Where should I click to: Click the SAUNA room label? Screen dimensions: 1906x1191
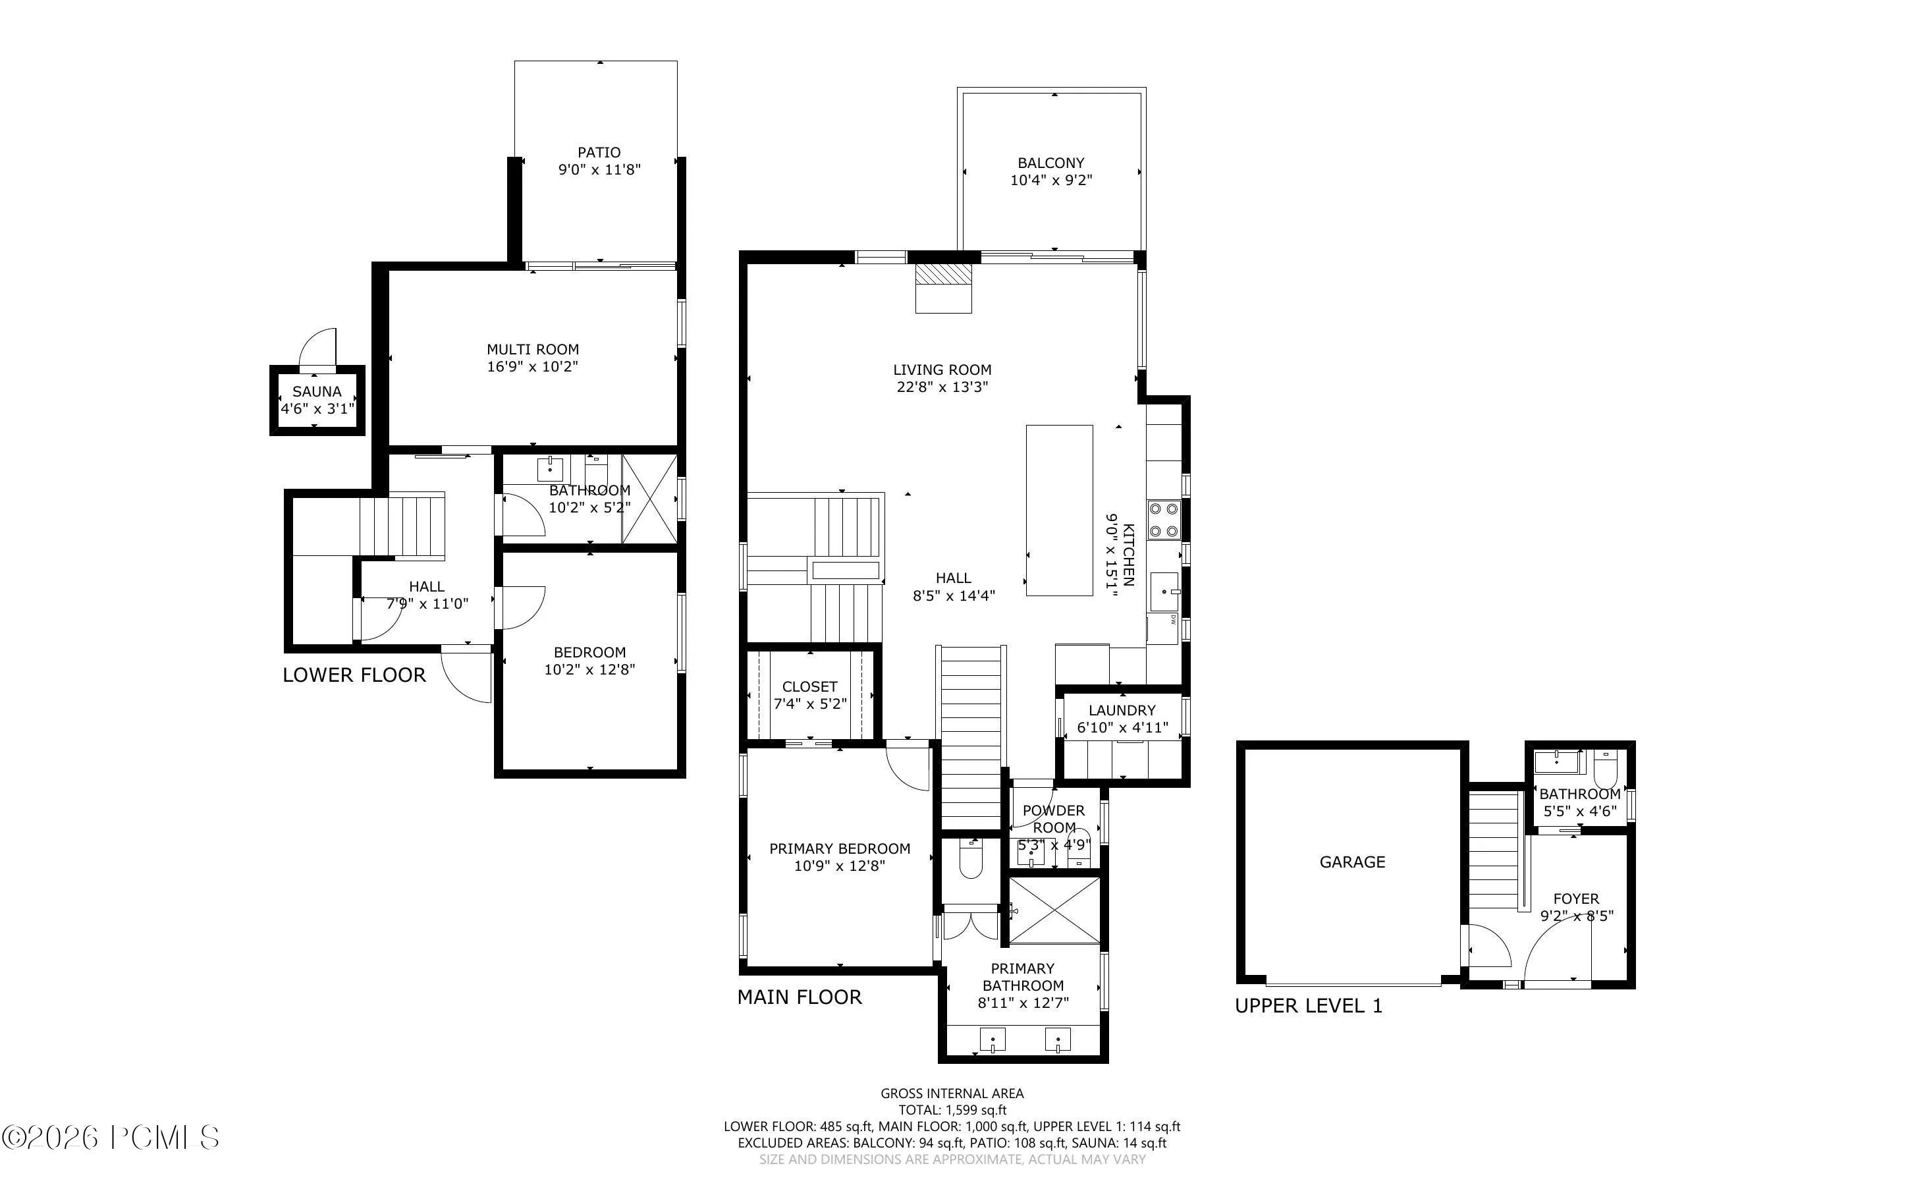coord(317,391)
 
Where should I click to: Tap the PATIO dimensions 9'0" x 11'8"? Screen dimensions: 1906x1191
coord(599,169)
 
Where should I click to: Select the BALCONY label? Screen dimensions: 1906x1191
coord(1051,163)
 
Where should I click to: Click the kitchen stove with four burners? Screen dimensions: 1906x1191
coord(1163,520)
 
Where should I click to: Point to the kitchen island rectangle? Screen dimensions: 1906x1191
coord(1060,511)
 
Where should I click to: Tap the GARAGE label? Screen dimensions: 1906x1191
coord(1353,862)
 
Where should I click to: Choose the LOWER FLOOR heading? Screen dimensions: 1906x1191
coord(354,675)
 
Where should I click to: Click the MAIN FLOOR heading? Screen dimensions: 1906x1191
coord(800,997)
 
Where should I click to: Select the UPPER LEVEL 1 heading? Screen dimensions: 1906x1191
coord(1309,1006)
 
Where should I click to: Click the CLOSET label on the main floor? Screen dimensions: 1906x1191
coord(810,687)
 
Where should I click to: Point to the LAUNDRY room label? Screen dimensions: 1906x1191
coord(1122,711)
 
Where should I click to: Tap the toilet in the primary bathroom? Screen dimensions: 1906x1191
coord(971,860)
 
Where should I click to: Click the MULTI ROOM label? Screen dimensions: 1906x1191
coord(533,349)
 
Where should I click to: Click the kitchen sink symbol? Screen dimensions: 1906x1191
coord(1164,592)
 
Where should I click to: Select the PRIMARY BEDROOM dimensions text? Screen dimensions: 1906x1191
coord(840,866)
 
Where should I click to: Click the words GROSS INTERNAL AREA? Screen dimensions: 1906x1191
coord(952,1094)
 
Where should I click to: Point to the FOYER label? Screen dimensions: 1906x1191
coord(1576,899)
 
